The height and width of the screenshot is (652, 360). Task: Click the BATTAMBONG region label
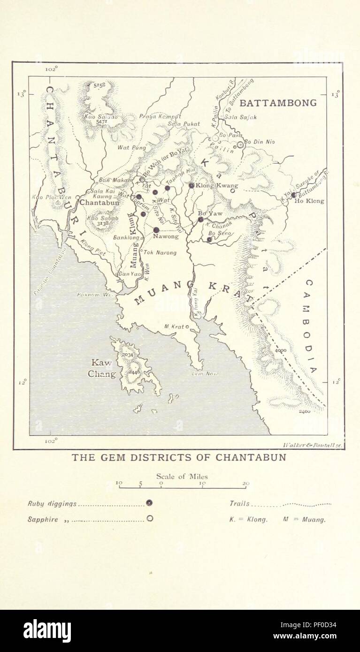(x=278, y=103)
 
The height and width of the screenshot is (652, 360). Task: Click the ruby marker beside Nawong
(x=156, y=230)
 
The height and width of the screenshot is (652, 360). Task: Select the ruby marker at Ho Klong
(x=293, y=195)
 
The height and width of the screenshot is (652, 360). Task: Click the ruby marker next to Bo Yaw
(x=200, y=219)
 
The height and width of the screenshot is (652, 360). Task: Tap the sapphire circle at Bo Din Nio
(x=240, y=145)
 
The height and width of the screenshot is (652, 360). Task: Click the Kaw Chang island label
(x=102, y=369)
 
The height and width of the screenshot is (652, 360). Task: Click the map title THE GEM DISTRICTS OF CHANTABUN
(x=178, y=457)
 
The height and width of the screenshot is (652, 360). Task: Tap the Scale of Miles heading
(x=182, y=477)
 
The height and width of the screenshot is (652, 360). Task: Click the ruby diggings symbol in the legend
(x=149, y=503)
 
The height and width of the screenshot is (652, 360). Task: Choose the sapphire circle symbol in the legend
(x=149, y=519)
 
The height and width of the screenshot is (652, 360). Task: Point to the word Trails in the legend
(x=239, y=504)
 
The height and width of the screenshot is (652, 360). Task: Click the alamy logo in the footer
(x=47, y=631)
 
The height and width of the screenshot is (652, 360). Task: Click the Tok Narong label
(x=160, y=252)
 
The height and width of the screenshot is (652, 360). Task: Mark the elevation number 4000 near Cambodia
(x=281, y=350)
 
